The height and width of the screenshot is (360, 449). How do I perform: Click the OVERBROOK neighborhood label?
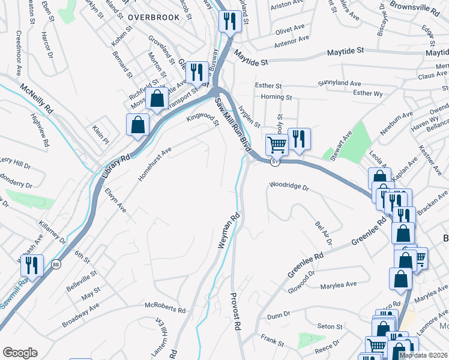pos(154,17)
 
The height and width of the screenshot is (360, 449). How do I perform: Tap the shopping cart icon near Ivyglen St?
pos(276,144)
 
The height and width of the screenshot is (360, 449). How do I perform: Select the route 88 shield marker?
pos(56,263)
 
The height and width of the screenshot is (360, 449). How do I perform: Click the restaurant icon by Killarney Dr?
pos(31,264)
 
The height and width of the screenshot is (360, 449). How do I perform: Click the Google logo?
pos(20,353)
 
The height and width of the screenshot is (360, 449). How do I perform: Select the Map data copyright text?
pos(423,355)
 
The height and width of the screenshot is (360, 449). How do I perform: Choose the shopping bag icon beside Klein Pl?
pos(137,125)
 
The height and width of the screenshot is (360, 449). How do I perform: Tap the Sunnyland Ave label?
pos(340,83)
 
